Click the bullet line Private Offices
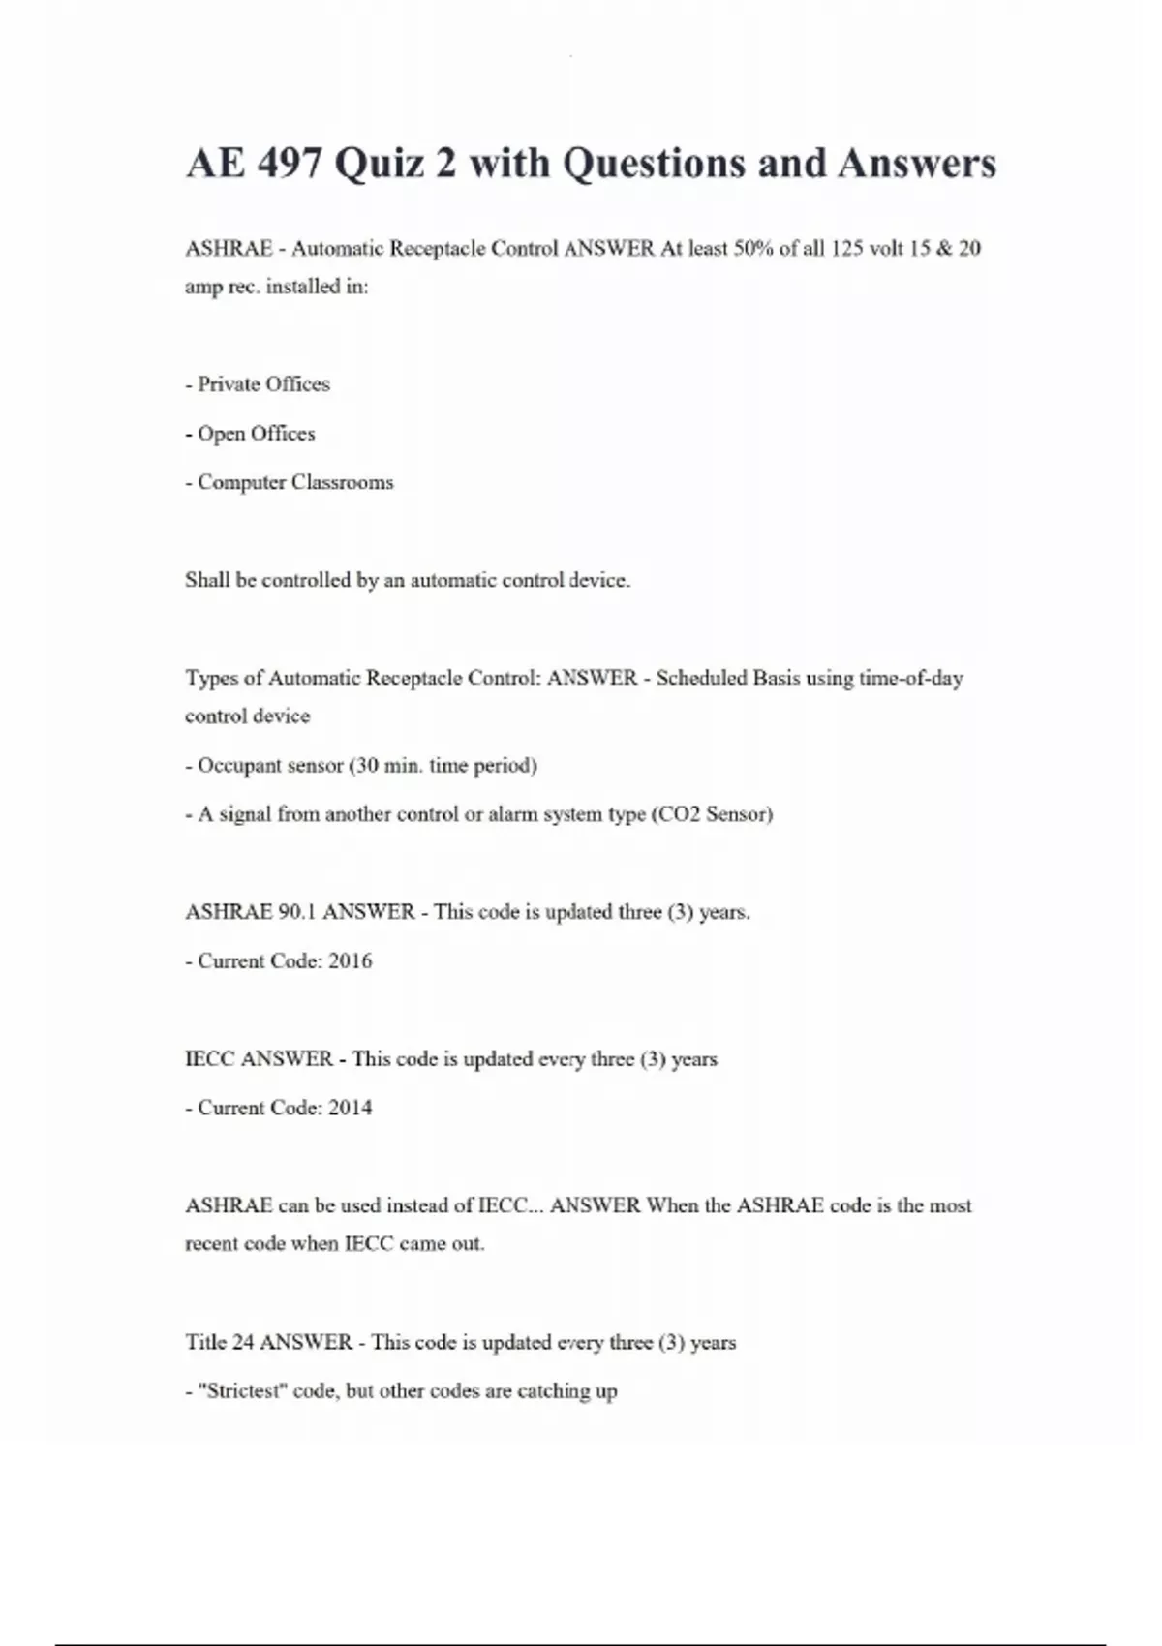pyautogui.click(x=259, y=384)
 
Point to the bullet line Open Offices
pyautogui.click(x=251, y=434)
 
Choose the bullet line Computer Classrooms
pyautogui.click(x=290, y=482)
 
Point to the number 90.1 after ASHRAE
pyautogui.click(x=297, y=912)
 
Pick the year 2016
pyautogui.click(x=351, y=961)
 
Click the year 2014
pyautogui.click(x=351, y=1108)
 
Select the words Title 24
pyautogui.click(x=219, y=1342)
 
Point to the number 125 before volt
pyautogui.click(x=846, y=249)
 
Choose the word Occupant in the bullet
pyautogui.click(x=236, y=766)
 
